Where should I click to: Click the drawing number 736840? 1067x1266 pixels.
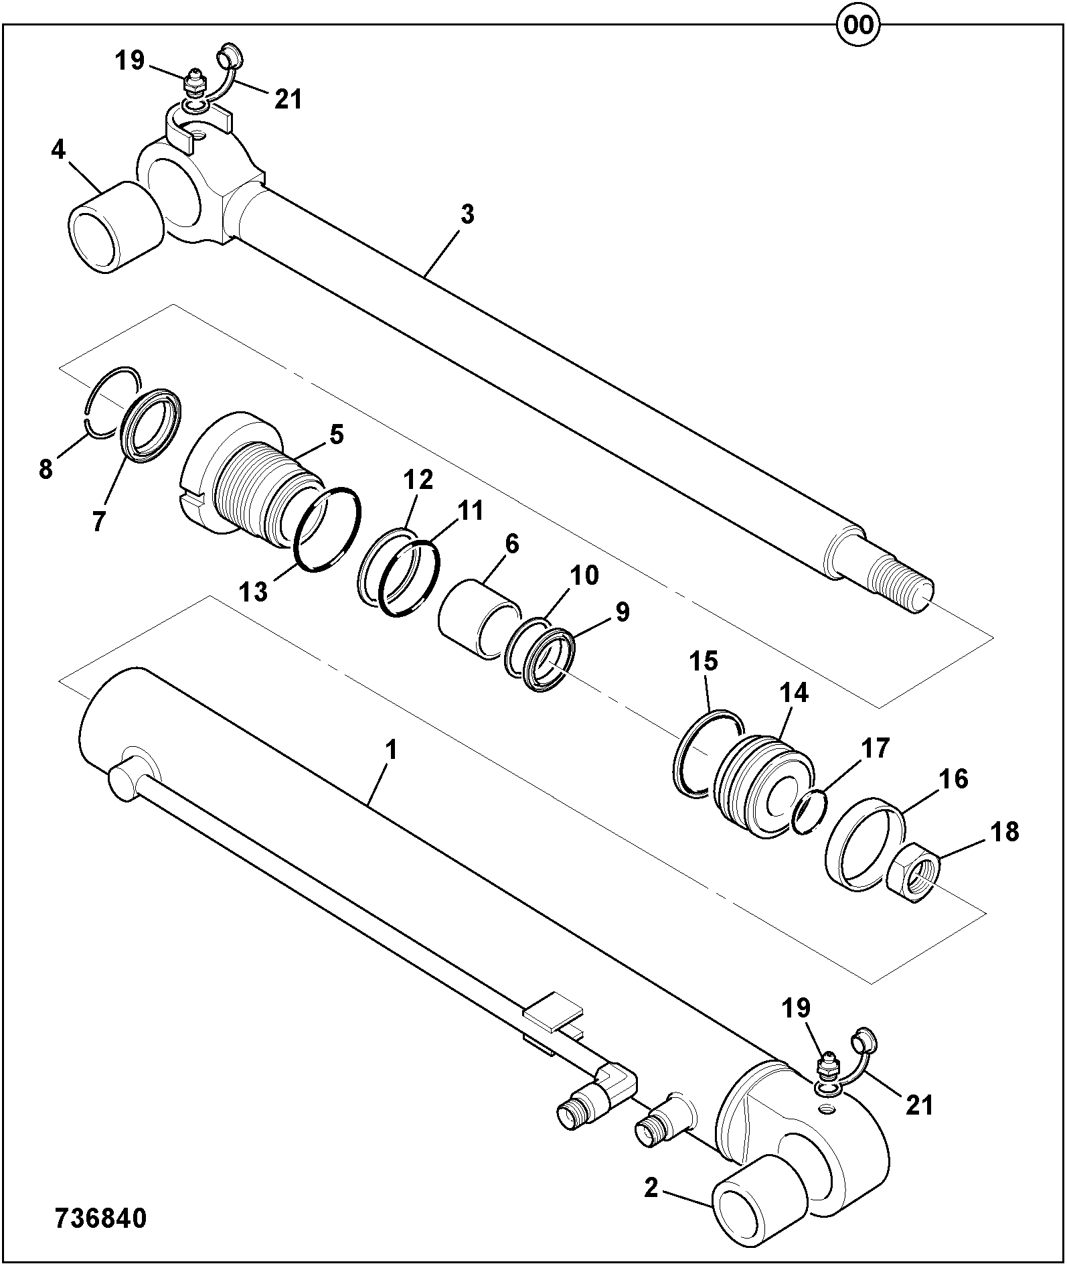pyautogui.click(x=100, y=1218)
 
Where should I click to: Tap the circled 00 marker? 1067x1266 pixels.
pyautogui.click(x=857, y=25)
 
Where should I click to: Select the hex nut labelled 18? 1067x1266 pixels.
pyautogui.click(x=914, y=872)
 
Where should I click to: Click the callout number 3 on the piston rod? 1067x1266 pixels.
pyautogui.click(x=467, y=215)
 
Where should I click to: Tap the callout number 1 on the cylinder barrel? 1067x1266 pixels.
pyautogui.click(x=392, y=750)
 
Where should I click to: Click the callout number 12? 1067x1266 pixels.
pyautogui.click(x=418, y=480)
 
